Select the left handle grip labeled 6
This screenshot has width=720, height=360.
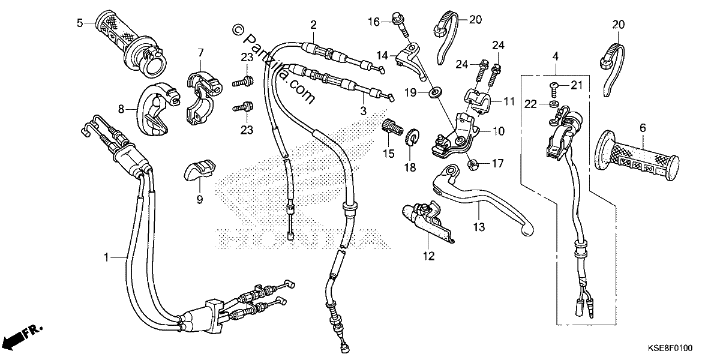coord(637,156)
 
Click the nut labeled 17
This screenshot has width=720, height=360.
coord(473,166)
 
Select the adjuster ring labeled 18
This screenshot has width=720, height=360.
coord(413,137)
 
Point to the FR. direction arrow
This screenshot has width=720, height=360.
coord(23,337)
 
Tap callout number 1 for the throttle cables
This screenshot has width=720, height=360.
coord(106,257)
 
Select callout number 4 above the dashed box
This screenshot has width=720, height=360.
coord(556,57)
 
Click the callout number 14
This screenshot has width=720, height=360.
coord(383,56)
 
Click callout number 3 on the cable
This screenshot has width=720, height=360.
coord(363,111)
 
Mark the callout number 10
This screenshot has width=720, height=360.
coord(499,131)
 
